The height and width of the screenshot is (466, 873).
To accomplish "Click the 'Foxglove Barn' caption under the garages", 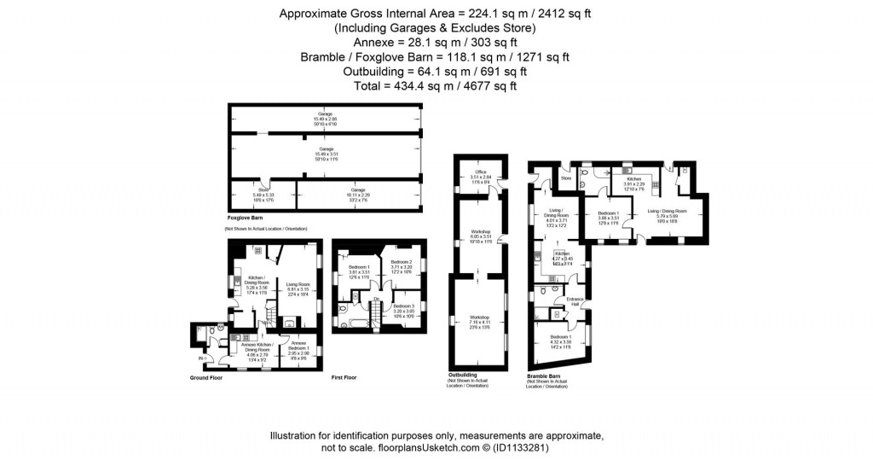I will click(x=245, y=219).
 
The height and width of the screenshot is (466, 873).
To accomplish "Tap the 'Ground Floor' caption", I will click(x=205, y=377).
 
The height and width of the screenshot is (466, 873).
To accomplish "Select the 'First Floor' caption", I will click(x=344, y=377).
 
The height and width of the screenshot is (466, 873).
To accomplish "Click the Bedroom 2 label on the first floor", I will click(x=402, y=265).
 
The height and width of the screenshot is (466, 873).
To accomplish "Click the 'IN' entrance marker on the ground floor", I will click(x=203, y=358).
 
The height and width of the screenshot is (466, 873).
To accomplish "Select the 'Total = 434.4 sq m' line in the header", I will click(x=436, y=85).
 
